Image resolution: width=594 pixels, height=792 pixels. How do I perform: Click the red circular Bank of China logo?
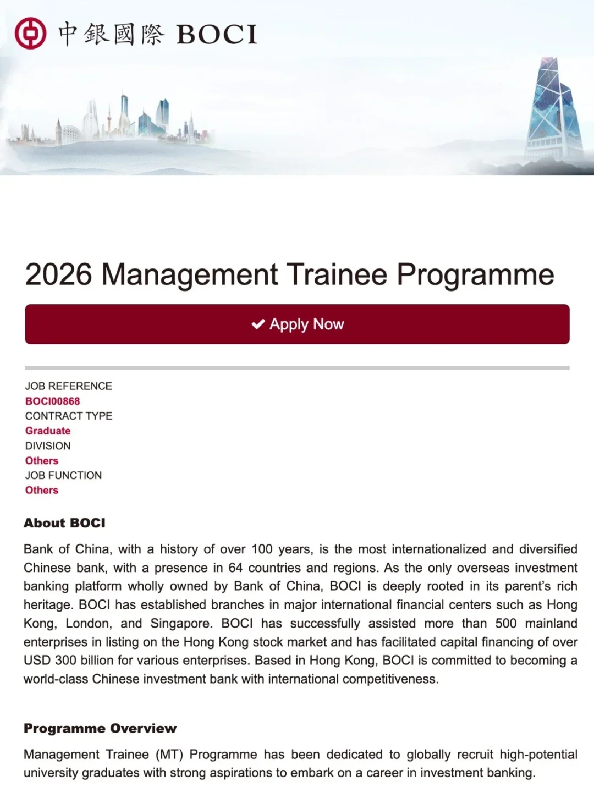[x=30, y=33]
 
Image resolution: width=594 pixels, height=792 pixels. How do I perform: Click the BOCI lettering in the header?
[x=217, y=35]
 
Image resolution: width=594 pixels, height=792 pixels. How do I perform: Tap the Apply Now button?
[x=297, y=324]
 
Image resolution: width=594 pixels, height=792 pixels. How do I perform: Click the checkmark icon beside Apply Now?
[x=258, y=324]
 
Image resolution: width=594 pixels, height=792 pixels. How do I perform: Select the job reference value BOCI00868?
[x=52, y=402]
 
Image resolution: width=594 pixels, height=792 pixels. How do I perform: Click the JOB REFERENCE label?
[x=68, y=386]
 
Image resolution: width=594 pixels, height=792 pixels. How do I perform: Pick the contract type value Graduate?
[x=48, y=431]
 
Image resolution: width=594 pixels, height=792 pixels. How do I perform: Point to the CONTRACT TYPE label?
[x=69, y=416]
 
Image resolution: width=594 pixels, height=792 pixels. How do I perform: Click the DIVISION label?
[x=48, y=446]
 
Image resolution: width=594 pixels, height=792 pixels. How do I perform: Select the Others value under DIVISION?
[x=42, y=461]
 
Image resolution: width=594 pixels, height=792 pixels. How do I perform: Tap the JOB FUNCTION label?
[x=63, y=475]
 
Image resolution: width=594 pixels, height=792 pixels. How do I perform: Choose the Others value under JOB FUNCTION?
[x=42, y=490]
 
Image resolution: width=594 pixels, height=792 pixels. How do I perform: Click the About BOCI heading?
[x=64, y=523]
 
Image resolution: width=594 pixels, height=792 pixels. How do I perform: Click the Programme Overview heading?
[x=100, y=728]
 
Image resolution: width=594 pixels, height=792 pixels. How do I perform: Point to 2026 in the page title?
[x=58, y=274]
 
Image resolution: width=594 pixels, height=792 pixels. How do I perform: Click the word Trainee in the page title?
[x=337, y=274]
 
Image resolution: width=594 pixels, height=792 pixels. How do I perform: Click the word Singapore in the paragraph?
[x=180, y=623]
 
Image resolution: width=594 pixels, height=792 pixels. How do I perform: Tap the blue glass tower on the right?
[x=552, y=110]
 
